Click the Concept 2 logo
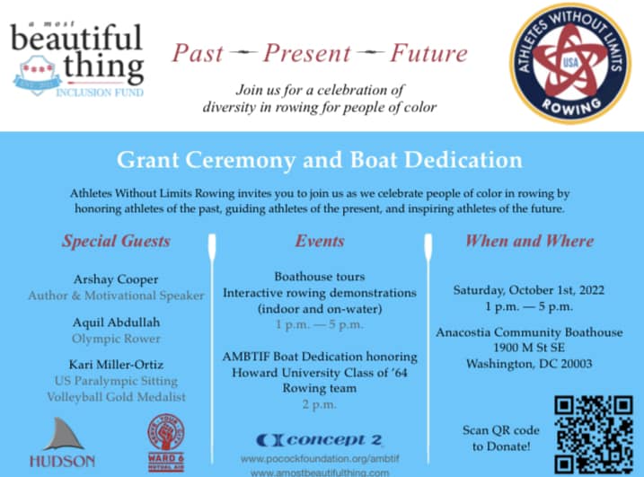click(x=319, y=439)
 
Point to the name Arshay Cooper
click(x=115, y=278)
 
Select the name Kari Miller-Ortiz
click(x=115, y=365)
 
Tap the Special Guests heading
click(x=116, y=241)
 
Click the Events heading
click(x=320, y=241)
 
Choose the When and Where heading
click(x=529, y=241)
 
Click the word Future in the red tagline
click(x=428, y=53)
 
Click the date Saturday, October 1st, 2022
click(x=529, y=289)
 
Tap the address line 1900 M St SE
click(x=529, y=348)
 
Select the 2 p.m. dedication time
click(x=319, y=404)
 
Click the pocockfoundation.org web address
click(x=319, y=458)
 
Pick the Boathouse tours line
click(x=319, y=277)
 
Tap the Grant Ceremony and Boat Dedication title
click(x=319, y=161)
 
